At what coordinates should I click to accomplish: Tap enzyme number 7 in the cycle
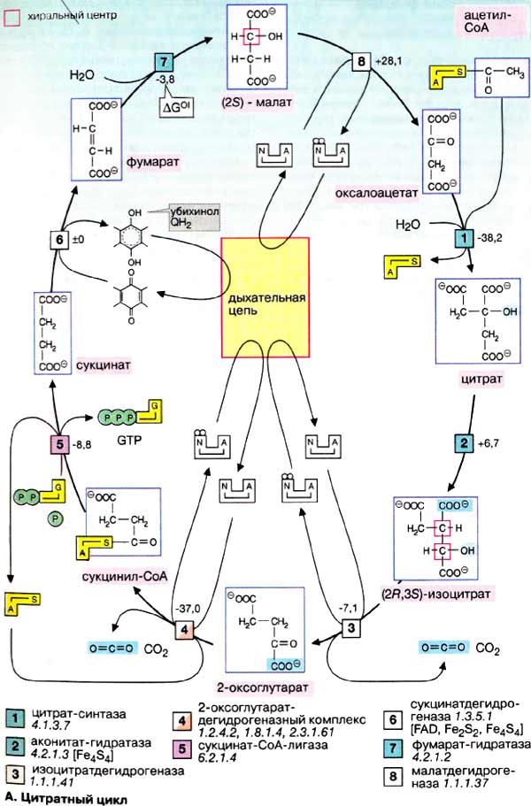tap(165, 62)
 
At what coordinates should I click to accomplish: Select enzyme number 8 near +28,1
tap(360, 62)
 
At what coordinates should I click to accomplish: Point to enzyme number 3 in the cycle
tap(352, 629)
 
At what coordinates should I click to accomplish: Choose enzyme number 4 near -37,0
tap(182, 630)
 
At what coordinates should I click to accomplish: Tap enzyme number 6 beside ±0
tap(59, 241)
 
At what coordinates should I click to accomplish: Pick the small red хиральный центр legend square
tap(10, 15)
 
